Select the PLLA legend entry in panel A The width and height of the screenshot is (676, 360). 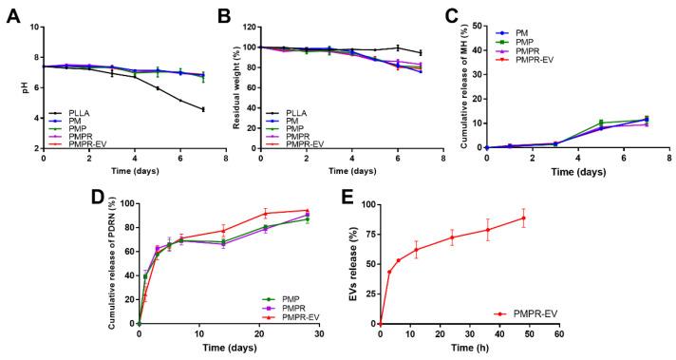click(77, 112)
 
